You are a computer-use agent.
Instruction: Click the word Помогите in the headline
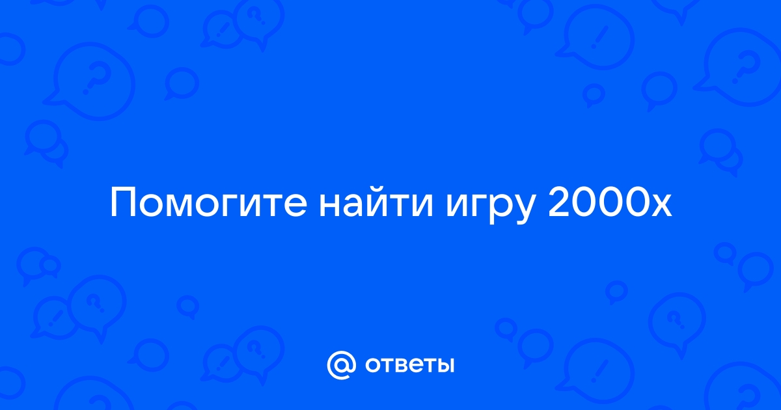pos(208,202)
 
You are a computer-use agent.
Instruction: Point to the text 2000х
pos(609,202)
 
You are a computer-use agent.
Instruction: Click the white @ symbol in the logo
pos(341,365)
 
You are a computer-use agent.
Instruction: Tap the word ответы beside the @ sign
pos(409,365)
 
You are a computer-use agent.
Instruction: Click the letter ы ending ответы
pos(444,366)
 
